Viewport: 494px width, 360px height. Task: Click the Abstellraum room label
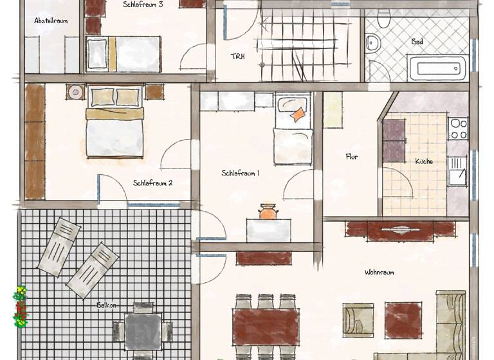51,21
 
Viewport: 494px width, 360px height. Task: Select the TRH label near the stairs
238,56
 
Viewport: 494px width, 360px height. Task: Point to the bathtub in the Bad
437,67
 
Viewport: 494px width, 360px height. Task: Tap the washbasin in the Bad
373,44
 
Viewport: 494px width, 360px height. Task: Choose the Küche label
424,161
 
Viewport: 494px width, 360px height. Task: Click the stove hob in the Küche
458,129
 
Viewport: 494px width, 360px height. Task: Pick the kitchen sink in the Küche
458,173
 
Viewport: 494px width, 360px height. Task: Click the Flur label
351,156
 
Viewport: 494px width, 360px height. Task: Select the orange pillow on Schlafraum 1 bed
297,115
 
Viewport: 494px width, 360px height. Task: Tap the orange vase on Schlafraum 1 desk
268,212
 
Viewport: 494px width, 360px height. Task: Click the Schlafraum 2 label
152,183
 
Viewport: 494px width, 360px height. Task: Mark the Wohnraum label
380,272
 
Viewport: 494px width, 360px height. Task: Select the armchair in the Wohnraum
357,319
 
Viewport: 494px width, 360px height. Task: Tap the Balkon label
107,305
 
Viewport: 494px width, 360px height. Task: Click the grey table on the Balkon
143,331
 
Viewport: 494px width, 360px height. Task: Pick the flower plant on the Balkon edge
21,307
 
